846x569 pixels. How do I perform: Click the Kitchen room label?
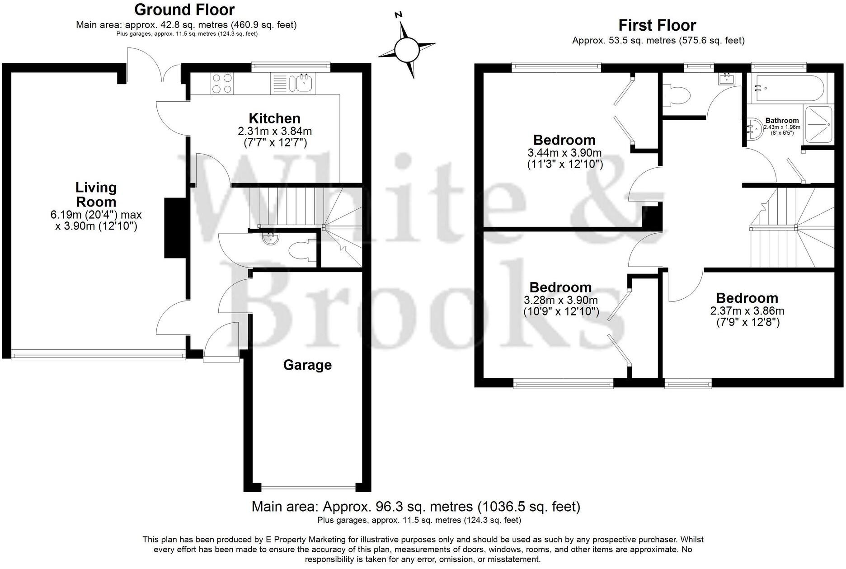274,118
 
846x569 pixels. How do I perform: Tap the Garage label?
307,365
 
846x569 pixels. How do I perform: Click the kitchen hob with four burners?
221,84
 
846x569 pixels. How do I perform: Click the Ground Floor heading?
184,9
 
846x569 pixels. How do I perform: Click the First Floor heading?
657,25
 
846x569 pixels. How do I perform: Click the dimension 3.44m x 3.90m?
564,153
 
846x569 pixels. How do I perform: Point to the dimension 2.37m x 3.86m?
747,311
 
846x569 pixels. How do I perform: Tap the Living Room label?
96,194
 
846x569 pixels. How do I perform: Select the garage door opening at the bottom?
309,488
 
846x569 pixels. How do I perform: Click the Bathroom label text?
782,121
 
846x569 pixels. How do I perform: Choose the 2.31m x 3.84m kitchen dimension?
274,132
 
